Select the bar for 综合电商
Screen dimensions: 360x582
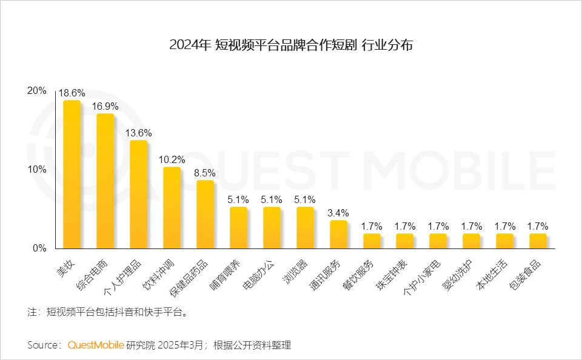tap(105, 181)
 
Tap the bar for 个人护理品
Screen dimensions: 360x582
tap(138, 195)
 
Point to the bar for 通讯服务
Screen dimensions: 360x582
tap(338, 235)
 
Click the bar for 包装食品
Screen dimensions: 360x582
tap(538, 241)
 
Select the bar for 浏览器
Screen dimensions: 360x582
tap(305, 228)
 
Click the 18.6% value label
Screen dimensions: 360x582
tap(72, 93)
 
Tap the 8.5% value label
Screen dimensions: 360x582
tap(205, 173)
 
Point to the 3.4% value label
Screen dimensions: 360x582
tap(338, 213)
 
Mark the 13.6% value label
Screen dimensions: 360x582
tap(138, 133)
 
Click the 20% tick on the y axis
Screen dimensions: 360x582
tap(37, 91)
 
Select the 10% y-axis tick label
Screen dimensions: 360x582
tap(37, 170)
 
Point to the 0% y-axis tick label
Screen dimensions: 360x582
tap(39, 248)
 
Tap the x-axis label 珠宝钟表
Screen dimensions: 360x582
tap(393, 274)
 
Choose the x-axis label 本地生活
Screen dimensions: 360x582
tap(493, 274)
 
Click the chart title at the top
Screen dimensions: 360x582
tap(291, 45)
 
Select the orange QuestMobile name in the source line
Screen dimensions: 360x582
tap(96, 345)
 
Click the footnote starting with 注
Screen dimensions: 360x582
tap(108, 313)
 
